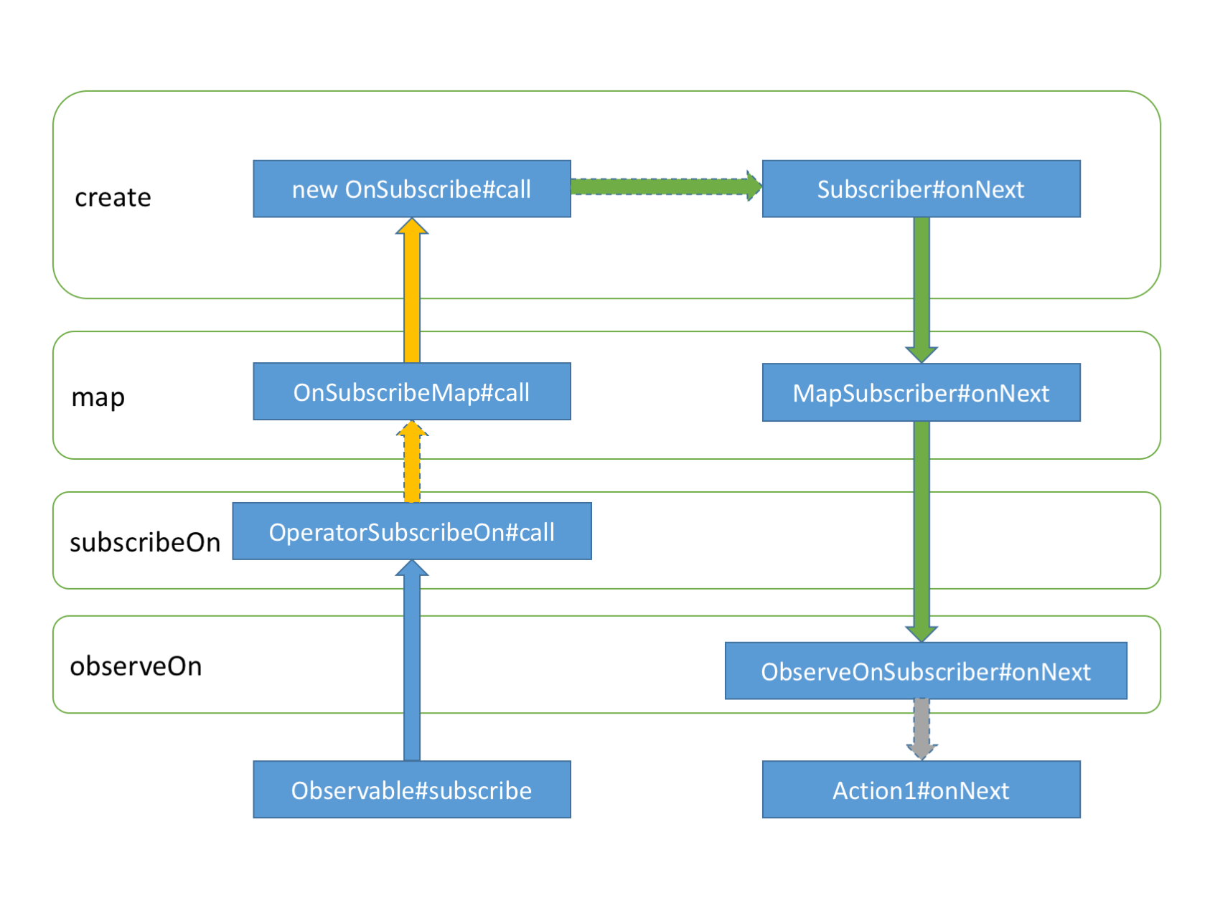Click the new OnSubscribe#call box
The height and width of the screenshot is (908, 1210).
[x=411, y=189]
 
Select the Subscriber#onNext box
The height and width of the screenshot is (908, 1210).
[x=921, y=189]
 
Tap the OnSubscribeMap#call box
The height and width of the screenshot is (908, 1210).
[x=411, y=392]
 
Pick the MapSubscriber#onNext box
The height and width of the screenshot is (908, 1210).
[x=921, y=392]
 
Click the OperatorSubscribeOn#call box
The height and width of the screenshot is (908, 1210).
[x=411, y=531]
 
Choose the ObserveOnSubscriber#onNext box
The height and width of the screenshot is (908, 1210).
[x=925, y=671]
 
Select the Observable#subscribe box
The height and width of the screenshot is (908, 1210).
[x=411, y=790]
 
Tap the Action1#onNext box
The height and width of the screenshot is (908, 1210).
[x=921, y=790]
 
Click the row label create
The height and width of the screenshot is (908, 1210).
[x=113, y=197]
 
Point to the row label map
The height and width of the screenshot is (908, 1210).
[x=98, y=397]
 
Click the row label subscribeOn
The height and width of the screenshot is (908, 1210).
[x=144, y=542]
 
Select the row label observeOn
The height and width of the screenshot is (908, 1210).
[x=136, y=666]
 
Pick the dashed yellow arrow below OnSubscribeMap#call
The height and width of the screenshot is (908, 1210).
[x=412, y=463]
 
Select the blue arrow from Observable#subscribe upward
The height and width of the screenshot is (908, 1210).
[x=412, y=667]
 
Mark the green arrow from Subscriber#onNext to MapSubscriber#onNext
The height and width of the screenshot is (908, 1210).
[x=921, y=287]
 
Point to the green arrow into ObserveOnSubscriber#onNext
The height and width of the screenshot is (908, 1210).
[x=921, y=531]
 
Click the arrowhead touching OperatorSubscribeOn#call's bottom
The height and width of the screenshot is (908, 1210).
[x=412, y=569]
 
